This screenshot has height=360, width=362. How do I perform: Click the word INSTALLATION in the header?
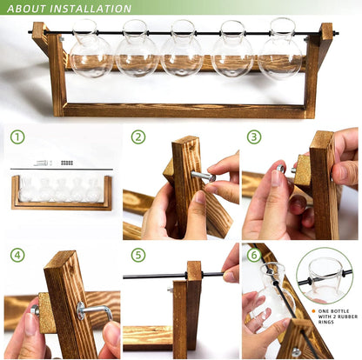click(91, 9)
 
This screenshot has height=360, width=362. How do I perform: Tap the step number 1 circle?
click(17, 137)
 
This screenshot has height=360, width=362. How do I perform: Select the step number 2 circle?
click(137, 137)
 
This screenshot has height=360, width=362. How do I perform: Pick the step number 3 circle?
click(253, 137)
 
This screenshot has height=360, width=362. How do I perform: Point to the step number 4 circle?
click(17, 255)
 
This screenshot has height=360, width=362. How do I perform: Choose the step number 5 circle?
click(137, 255)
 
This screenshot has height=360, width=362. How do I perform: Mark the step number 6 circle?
click(253, 255)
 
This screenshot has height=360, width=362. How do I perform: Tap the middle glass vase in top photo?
click(184, 51)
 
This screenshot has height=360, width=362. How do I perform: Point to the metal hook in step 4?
click(92, 308)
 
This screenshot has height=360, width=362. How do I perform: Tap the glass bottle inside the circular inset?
click(325, 277)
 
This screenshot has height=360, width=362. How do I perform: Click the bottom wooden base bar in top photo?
click(183, 110)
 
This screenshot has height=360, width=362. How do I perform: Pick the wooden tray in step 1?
click(61, 196)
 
